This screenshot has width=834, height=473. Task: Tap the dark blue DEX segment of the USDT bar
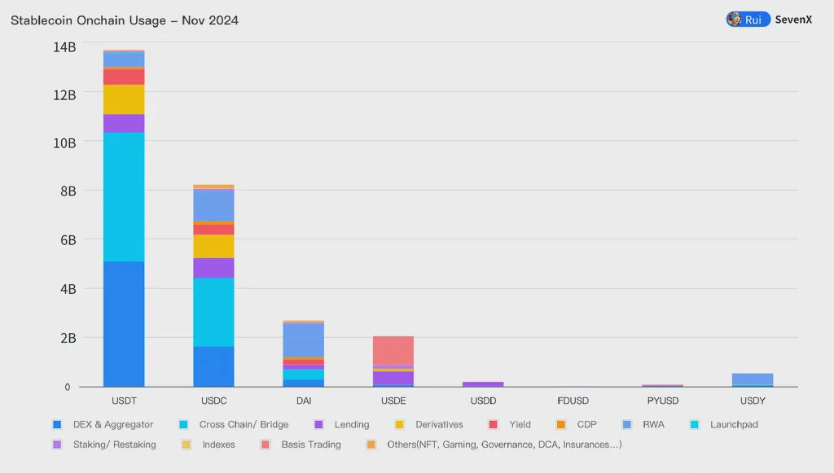(124, 324)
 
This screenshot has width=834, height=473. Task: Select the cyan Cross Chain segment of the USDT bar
(124, 197)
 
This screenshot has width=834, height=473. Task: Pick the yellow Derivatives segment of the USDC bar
(213, 247)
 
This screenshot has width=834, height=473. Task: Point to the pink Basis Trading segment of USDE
(393, 351)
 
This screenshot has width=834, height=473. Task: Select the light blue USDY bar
(752, 379)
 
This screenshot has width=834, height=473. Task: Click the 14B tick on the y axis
(64, 47)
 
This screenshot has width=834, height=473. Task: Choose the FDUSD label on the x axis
(573, 401)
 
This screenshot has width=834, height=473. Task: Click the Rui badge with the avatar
(747, 20)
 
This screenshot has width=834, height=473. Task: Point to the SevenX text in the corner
(793, 20)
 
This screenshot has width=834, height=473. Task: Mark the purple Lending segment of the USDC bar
(213, 268)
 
